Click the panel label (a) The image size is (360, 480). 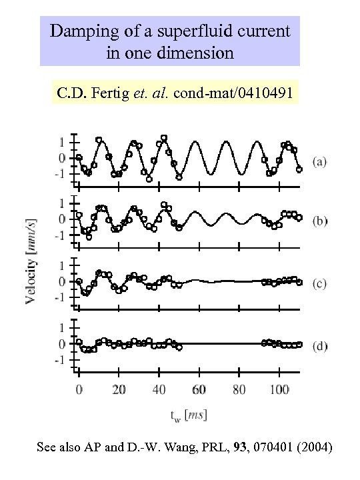320,162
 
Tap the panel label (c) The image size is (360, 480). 320,283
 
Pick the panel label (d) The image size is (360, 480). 320,346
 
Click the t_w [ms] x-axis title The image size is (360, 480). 187,415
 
